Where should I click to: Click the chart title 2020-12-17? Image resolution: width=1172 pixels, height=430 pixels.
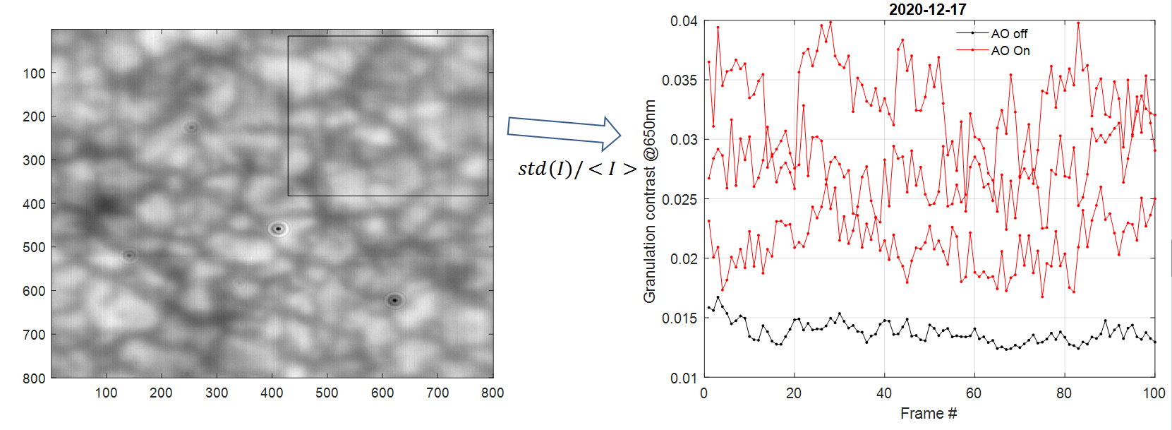tap(927, 9)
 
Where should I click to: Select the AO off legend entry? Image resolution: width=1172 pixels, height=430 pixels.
tap(1009, 33)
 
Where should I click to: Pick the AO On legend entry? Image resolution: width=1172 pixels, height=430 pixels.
tap(1010, 51)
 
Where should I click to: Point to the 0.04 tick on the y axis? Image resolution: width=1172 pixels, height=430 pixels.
tap(684, 21)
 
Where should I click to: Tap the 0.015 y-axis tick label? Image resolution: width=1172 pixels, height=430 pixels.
tap(679, 318)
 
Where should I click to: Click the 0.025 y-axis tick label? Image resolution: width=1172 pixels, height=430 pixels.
tap(679, 199)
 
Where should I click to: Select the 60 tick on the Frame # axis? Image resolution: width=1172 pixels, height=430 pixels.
tap(973, 393)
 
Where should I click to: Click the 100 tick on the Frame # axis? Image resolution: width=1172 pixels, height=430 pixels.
tap(1154, 393)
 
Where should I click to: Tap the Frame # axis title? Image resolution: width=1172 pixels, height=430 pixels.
tap(928, 414)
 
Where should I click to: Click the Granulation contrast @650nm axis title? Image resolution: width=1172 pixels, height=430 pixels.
tap(650, 201)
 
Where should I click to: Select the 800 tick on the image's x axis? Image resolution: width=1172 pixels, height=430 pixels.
tap(493, 393)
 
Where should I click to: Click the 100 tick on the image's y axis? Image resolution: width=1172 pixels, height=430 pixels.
tap(34, 73)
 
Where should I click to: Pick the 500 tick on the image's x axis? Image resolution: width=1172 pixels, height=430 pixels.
tap(327, 393)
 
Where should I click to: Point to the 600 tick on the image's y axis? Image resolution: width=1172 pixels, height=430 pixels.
tap(34, 291)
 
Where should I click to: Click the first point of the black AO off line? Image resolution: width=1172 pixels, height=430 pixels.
tap(708, 307)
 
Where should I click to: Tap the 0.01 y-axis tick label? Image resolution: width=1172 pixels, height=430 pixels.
tap(684, 378)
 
